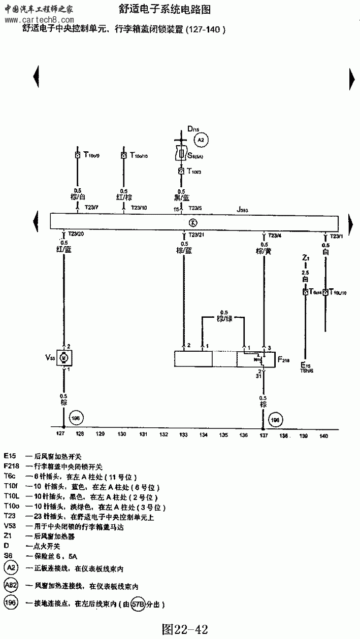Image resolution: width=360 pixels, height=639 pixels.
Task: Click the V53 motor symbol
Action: (64, 358)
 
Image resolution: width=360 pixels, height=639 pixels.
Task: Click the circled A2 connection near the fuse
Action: (201, 140)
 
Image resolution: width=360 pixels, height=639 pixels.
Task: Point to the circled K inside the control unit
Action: (191, 222)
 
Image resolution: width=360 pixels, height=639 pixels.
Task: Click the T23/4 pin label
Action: (274, 235)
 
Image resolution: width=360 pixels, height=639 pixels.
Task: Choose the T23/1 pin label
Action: (337, 236)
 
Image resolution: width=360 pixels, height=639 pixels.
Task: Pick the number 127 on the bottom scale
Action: (60, 435)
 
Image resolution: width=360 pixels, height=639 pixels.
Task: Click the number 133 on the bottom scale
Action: (183, 435)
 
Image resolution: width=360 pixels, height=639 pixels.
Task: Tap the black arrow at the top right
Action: (351, 79)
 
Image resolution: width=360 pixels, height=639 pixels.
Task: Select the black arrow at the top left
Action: (36, 78)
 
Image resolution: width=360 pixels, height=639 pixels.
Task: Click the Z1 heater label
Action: (305, 258)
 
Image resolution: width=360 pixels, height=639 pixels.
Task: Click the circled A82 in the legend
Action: (11, 585)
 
